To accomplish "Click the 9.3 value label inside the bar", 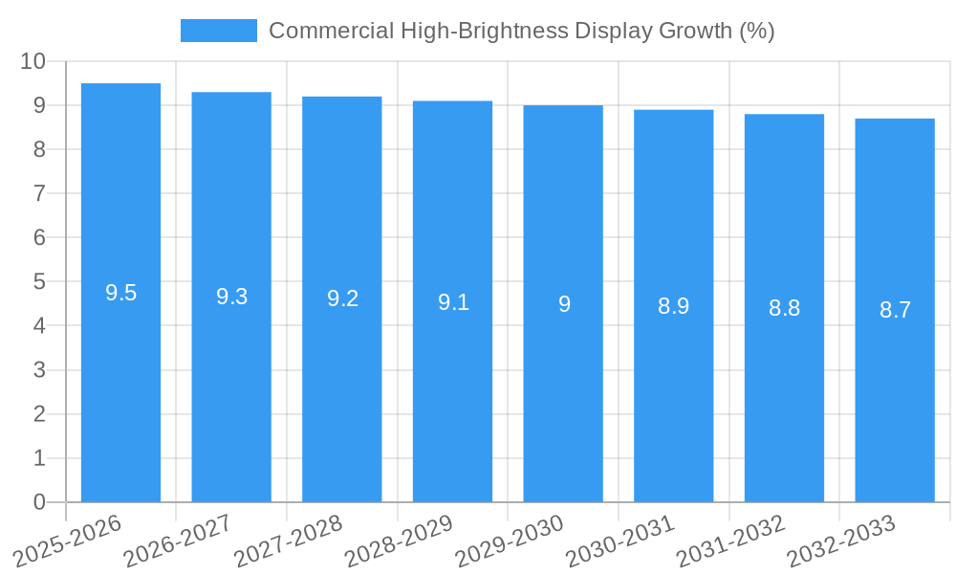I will pyautogui.click(x=231, y=297).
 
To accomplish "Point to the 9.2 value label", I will pyautogui.click(x=342, y=298).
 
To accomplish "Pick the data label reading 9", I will pyautogui.click(x=564, y=304).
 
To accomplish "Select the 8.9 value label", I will pyautogui.click(x=673, y=306).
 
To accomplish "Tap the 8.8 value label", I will pyautogui.click(x=784, y=308).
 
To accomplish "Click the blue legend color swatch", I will pyautogui.click(x=219, y=31).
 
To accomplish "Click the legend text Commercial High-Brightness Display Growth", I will pyautogui.click(x=521, y=31).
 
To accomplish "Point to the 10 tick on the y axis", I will pyautogui.click(x=33, y=61).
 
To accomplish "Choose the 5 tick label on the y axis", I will pyautogui.click(x=39, y=282).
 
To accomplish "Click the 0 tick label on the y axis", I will pyautogui.click(x=39, y=502).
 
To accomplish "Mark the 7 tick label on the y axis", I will pyautogui.click(x=39, y=193).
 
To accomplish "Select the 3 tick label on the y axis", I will pyautogui.click(x=39, y=370).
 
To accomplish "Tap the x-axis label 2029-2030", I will pyautogui.click(x=510, y=541).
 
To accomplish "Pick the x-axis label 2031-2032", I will pyautogui.click(x=731, y=541).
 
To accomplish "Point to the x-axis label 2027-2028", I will pyautogui.click(x=289, y=541).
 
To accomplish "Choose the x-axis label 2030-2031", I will pyautogui.click(x=620, y=541).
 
